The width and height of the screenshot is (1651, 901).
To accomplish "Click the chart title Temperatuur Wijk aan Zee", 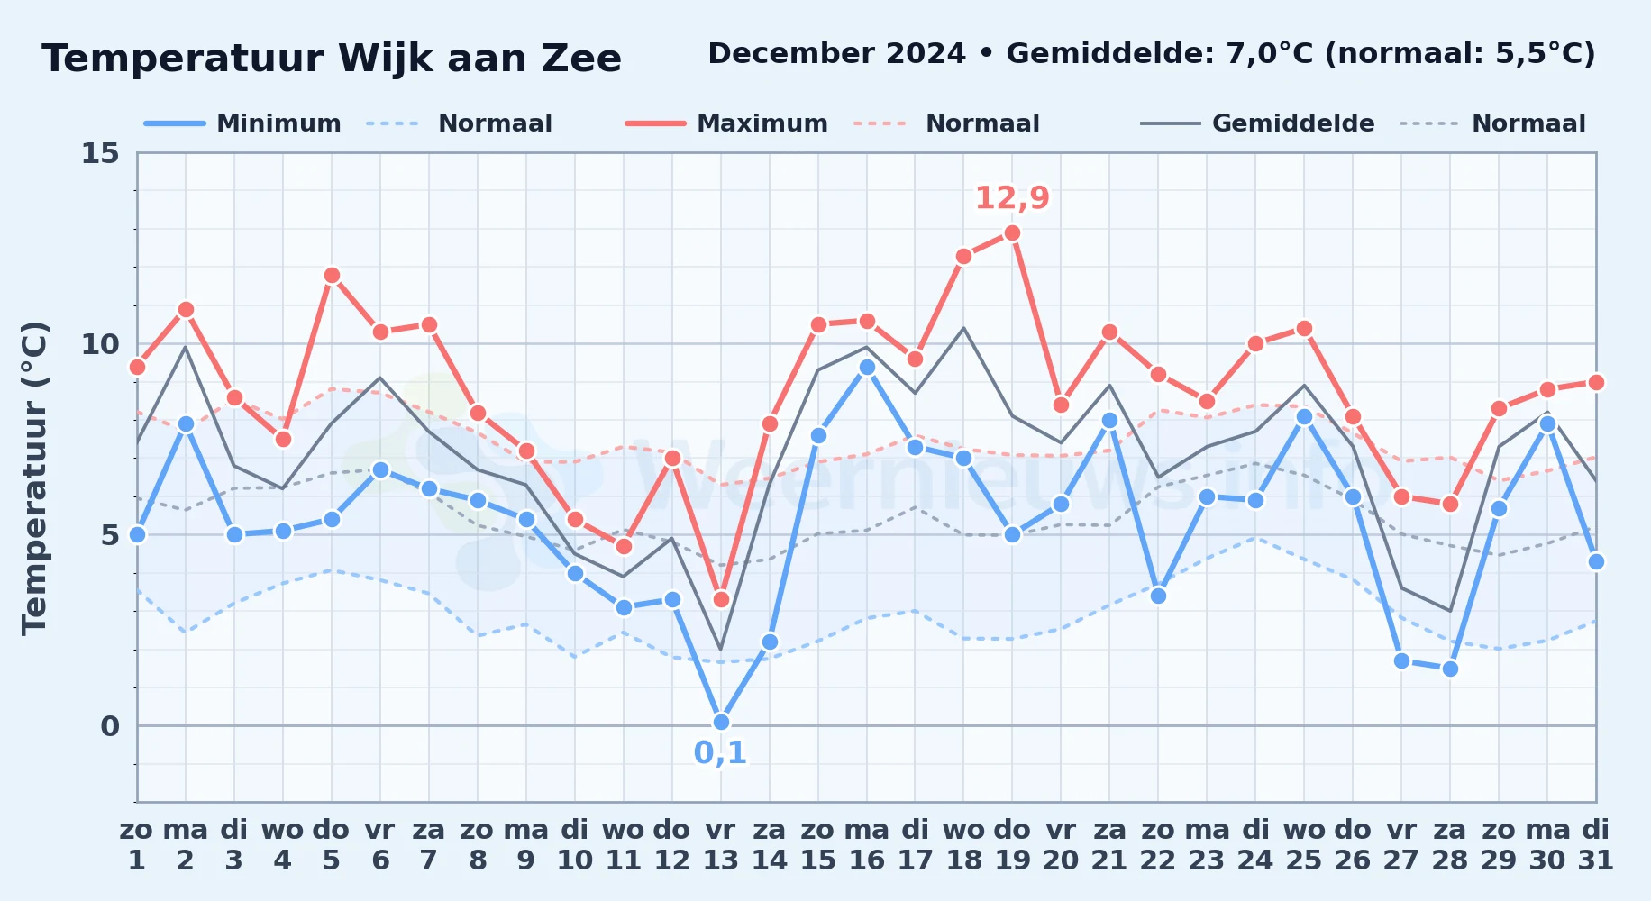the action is tap(332, 59).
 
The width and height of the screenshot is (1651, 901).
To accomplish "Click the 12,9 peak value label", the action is tap(1012, 197).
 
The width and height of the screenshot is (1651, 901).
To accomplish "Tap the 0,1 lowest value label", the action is tap(720, 752).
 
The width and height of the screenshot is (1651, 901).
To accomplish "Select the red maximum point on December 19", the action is tap(1012, 233).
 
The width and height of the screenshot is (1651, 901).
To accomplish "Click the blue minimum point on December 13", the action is tap(721, 722).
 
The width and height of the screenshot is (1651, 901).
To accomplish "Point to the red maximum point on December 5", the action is tap(332, 276).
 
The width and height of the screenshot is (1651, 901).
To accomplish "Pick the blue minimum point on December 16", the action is tap(867, 367).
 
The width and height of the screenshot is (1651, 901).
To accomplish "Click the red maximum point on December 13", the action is tap(721, 599).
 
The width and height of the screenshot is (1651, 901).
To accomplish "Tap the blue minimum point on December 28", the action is tap(1450, 669).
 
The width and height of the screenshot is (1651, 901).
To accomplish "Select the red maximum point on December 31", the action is tap(1596, 382).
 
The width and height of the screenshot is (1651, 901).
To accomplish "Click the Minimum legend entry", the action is tap(242, 123).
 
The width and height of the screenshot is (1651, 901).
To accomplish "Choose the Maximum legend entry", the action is tap(726, 123).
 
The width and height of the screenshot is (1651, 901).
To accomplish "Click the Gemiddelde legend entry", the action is tap(1257, 123).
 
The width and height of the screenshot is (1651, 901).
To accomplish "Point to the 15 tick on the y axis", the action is tap(100, 153).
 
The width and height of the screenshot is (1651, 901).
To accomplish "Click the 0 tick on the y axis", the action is tap(110, 726).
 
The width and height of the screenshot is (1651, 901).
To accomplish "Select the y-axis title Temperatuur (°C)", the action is tap(34, 478).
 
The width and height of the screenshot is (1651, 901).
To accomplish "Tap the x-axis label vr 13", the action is tap(720, 845).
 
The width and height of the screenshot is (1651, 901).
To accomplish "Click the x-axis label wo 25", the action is tap(1304, 845).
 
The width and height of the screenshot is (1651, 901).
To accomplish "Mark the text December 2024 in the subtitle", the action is tap(836, 54).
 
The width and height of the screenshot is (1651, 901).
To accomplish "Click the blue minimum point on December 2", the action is tap(186, 424).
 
